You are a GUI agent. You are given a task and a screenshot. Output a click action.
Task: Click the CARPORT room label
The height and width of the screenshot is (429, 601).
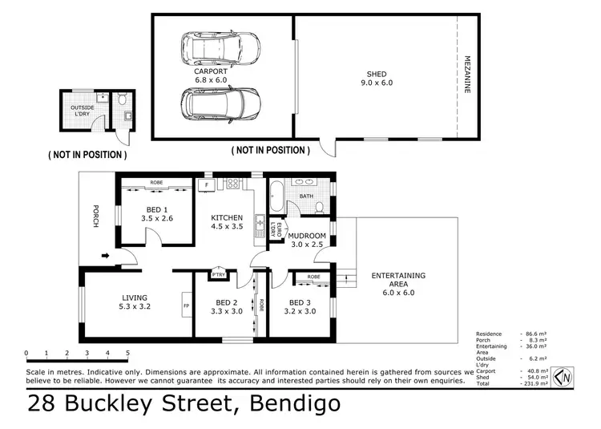click(212, 75)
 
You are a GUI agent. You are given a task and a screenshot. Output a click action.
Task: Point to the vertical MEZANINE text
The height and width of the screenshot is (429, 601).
click(467, 75)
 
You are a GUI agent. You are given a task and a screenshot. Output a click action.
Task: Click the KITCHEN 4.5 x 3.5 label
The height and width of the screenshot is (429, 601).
click(227, 222)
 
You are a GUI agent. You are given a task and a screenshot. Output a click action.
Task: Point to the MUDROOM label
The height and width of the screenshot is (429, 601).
click(306, 241)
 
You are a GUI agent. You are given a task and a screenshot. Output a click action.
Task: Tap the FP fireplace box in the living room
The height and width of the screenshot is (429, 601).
click(186, 306)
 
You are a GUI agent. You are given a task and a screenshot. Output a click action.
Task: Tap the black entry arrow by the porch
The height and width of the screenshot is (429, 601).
click(107, 257)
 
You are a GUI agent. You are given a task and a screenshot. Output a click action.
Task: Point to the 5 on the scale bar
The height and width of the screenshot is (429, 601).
click(127, 353)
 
